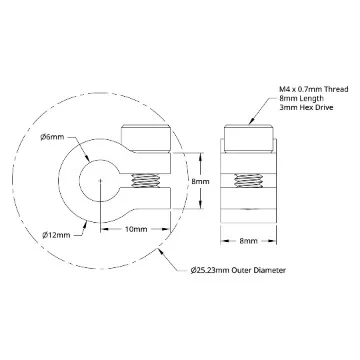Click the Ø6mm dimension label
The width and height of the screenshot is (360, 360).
click(52, 137)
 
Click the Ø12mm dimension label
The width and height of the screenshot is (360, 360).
click(56, 235)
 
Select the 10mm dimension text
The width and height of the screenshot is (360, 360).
click(136, 229)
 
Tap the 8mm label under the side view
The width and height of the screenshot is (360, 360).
click(248, 241)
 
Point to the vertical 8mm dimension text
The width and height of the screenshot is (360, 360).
click(200, 182)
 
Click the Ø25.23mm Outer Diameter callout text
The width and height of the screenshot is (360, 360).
click(238, 270)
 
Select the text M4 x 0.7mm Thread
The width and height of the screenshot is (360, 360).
click(314, 89)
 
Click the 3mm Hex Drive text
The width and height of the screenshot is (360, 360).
click(306, 108)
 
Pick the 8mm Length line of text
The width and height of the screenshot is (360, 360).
click(301, 98)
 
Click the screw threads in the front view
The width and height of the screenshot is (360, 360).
click(145, 181)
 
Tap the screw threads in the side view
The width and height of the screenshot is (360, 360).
click(248, 181)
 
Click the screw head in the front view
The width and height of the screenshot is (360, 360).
click(146, 138)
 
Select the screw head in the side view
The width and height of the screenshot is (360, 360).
click(249, 139)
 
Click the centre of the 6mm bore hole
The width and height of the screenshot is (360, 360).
click(100, 181)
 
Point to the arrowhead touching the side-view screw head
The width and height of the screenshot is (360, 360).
click(252, 121)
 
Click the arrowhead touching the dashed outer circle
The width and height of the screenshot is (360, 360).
click(162, 252)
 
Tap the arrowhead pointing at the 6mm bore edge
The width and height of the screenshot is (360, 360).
click(87, 159)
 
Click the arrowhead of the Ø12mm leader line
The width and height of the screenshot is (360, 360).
click(85, 225)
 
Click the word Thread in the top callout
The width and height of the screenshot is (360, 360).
click(337, 89)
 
